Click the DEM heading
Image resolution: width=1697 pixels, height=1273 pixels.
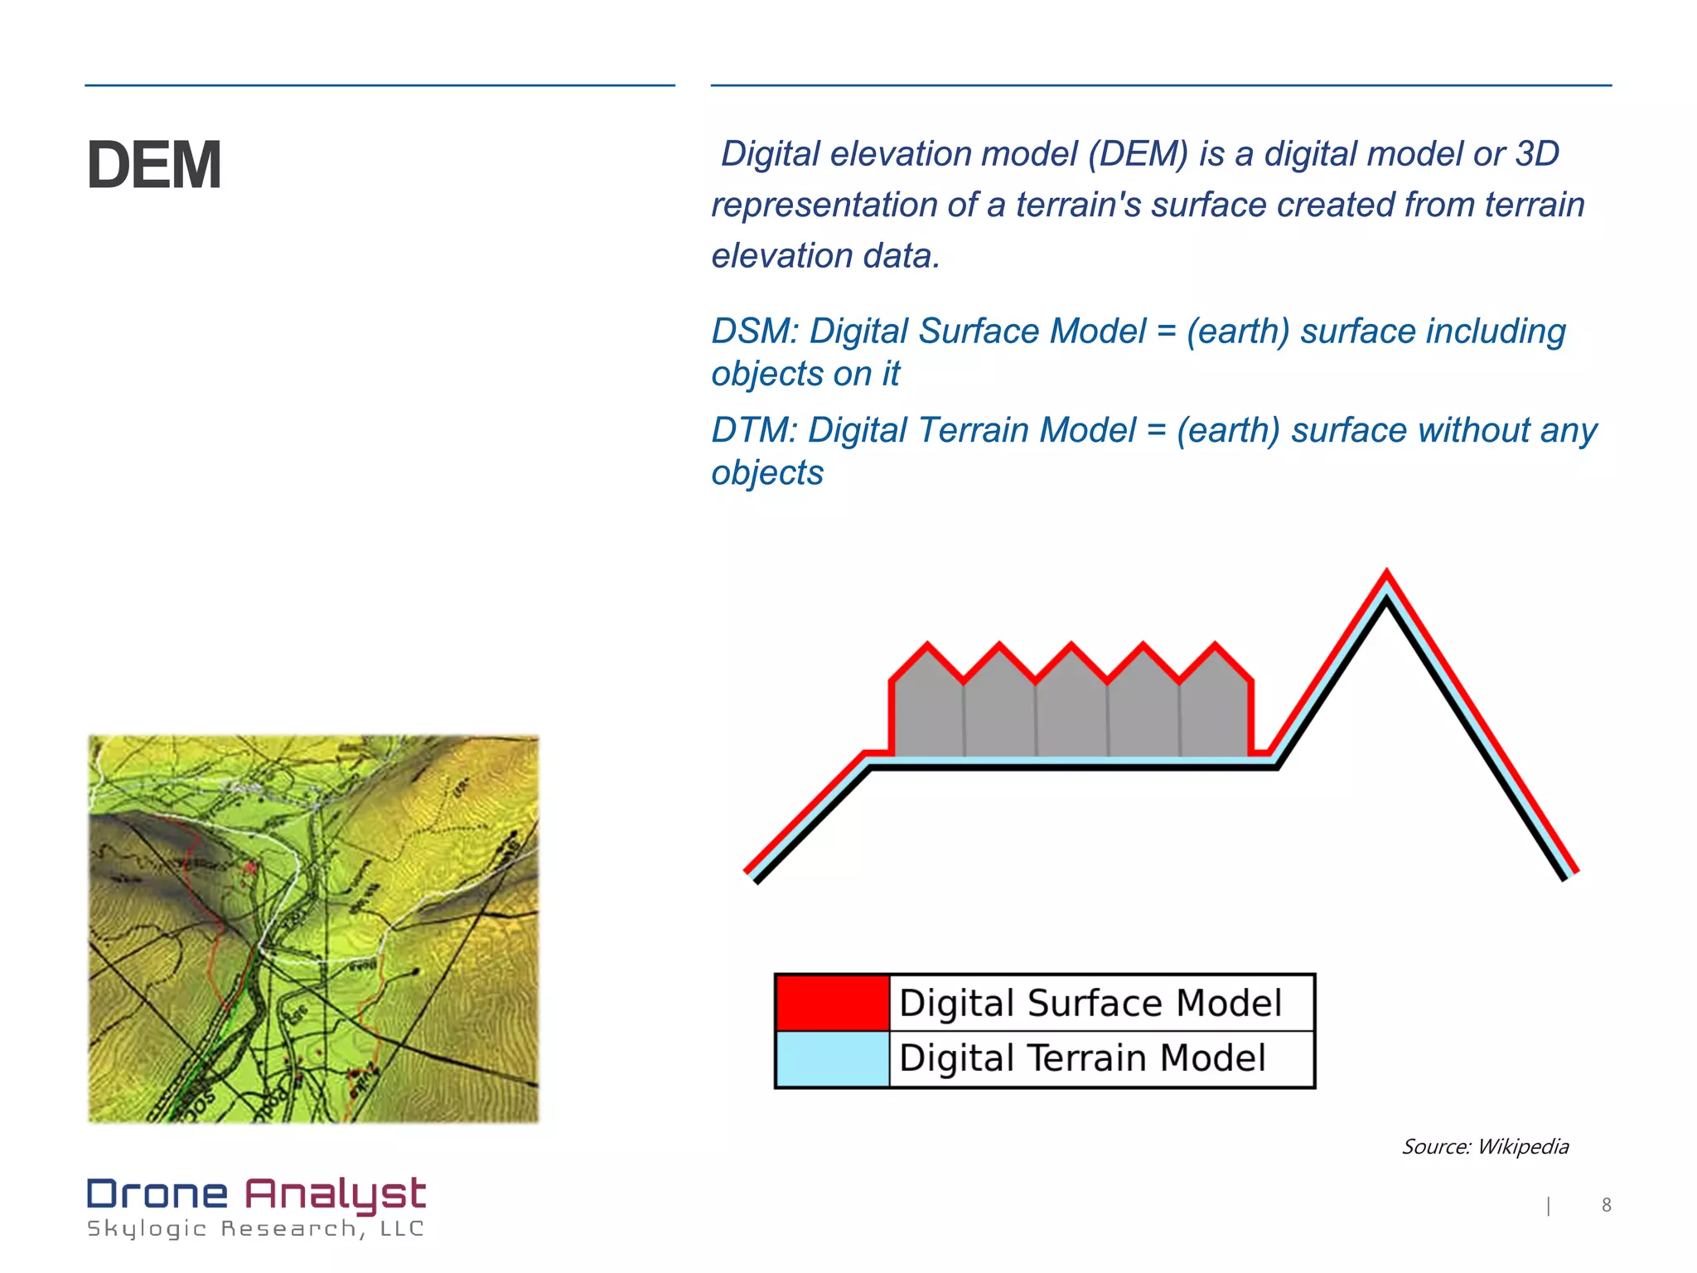(154, 166)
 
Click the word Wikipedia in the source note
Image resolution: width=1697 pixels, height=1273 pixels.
(1523, 1147)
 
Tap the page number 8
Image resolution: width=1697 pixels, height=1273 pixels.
(1606, 1205)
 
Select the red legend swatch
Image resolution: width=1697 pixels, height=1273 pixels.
(832, 1004)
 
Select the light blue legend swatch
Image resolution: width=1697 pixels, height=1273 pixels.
(832, 1059)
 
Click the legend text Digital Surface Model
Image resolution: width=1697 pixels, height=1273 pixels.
(1090, 1004)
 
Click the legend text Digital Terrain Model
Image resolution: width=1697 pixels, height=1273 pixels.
(1082, 1059)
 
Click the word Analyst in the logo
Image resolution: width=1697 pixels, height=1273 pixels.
(335, 1194)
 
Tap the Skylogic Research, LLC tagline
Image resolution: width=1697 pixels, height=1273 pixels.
(255, 1229)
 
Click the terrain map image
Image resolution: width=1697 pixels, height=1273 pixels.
(313, 928)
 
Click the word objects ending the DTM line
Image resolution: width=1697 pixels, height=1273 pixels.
(767, 473)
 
